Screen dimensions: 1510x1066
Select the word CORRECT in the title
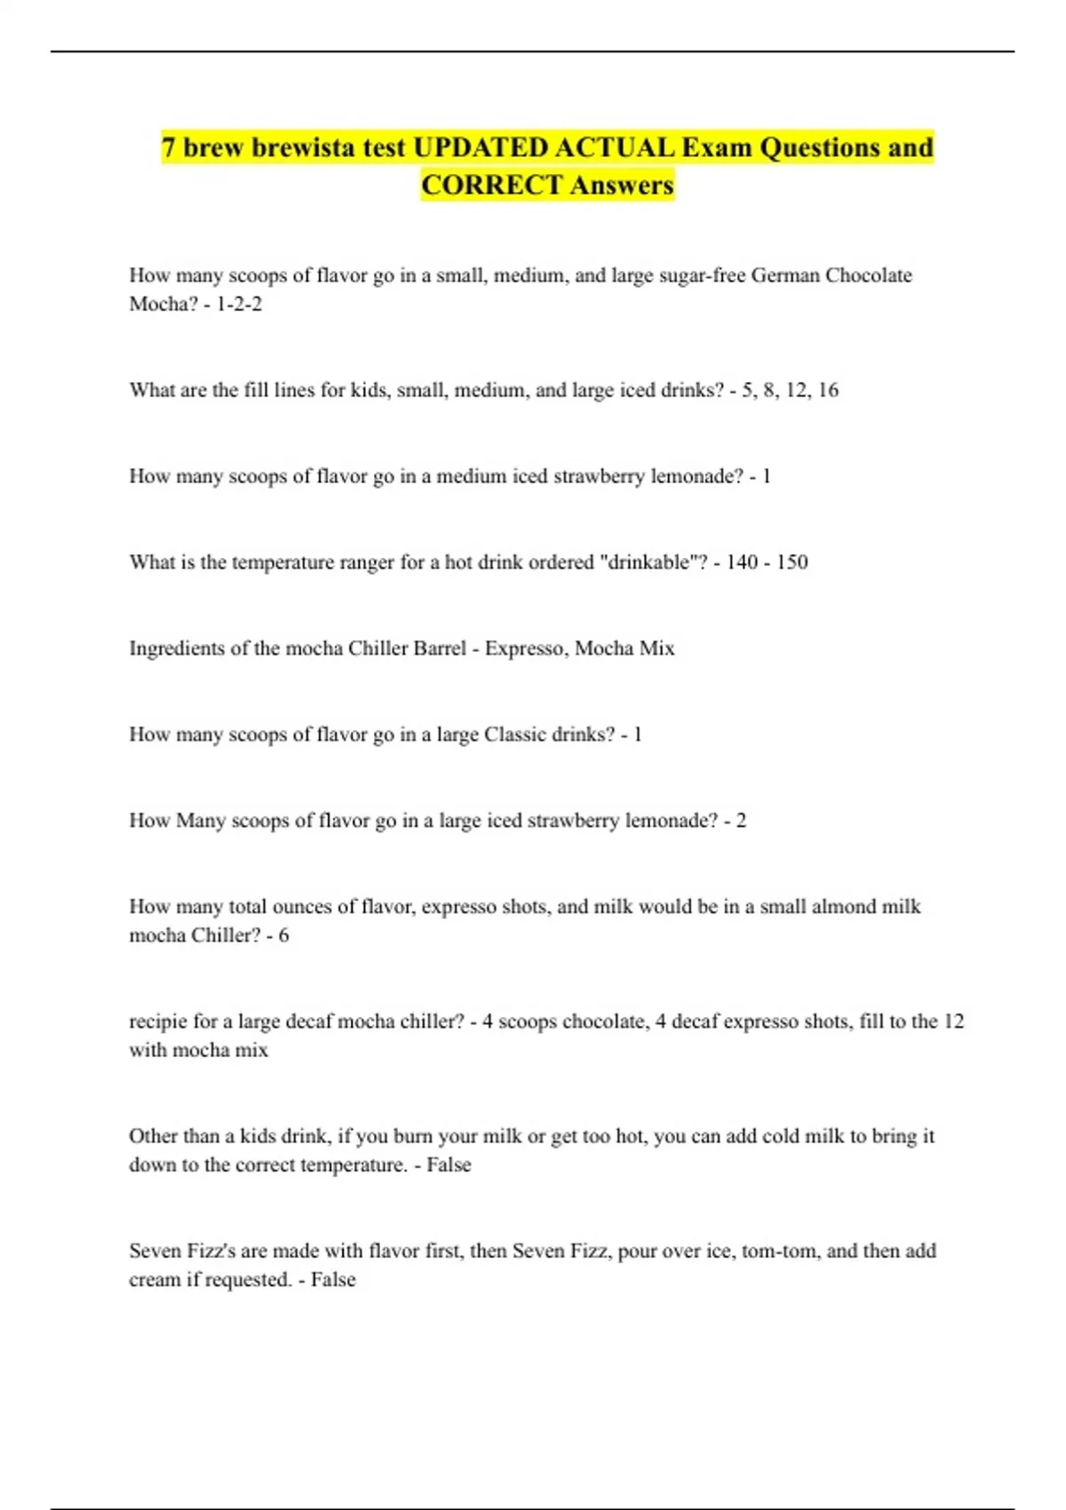492,185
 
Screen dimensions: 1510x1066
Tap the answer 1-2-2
239,304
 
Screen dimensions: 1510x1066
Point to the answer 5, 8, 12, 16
790,390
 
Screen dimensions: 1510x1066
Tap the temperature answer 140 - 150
767,562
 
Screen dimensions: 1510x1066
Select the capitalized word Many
201,821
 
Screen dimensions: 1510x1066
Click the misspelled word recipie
159,1021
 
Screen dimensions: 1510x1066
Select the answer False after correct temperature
449,1164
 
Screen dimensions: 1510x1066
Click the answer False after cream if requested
333,1279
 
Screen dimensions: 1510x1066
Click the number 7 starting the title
168,147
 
